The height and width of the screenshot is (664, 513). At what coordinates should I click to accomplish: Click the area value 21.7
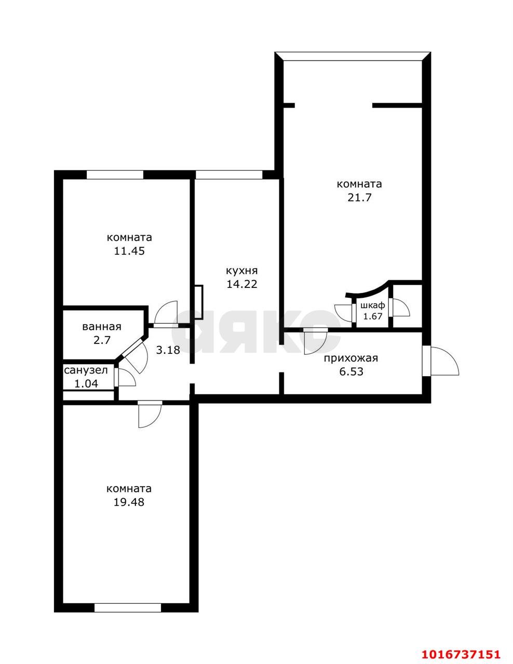(359, 198)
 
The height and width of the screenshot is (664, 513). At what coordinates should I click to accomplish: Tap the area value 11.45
(129, 251)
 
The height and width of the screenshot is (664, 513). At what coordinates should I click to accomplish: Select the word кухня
(242, 271)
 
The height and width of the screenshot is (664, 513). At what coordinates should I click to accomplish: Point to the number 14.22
(242, 284)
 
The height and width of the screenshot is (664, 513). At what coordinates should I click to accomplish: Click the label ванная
(102, 327)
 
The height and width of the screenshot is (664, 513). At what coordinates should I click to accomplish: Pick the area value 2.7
(102, 340)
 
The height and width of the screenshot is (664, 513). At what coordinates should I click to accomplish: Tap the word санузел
(86, 370)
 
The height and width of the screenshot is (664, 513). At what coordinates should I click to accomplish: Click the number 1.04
(86, 384)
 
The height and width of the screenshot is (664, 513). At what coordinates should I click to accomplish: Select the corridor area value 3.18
(168, 350)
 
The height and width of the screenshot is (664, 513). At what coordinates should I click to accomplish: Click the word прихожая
(351, 358)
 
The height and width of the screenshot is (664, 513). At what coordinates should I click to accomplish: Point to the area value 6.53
(352, 372)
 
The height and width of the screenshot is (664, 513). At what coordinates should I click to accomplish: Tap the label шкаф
(373, 305)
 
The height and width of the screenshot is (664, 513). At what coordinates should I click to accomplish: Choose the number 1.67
(373, 316)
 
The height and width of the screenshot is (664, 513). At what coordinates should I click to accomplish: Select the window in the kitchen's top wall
(229, 174)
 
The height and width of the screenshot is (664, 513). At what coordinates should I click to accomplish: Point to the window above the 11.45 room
(115, 174)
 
